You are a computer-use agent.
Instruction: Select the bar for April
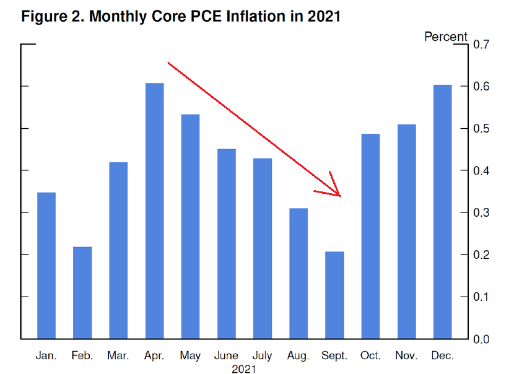tap(154, 211)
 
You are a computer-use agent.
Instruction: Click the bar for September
tap(334, 295)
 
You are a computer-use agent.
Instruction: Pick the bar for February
tap(82, 293)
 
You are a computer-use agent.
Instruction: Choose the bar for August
tap(298, 274)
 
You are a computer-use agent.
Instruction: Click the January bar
tap(46, 266)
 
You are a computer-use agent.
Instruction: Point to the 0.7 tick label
tap(482, 45)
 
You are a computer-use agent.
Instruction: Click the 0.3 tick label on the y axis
tap(482, 213)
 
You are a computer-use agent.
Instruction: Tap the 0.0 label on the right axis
tap(482, 339)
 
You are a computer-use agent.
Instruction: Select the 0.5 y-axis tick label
tap(482, 129)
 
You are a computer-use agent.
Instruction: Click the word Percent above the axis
tap(445, 37)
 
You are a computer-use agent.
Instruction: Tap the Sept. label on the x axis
tap(334, 356)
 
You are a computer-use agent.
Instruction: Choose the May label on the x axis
tap(190, 356)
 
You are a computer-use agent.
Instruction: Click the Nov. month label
tap(406, 356)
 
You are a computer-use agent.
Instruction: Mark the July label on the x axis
tap(262, 356)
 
